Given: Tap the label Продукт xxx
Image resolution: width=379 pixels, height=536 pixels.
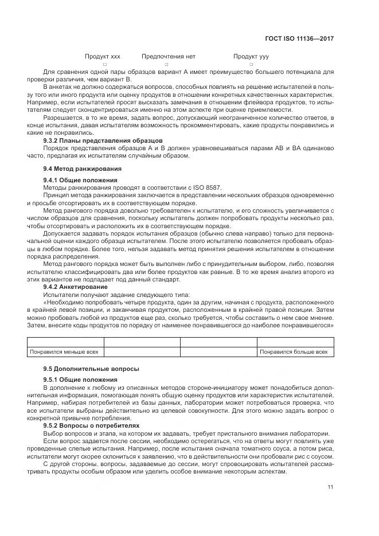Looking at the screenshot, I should (103, 57).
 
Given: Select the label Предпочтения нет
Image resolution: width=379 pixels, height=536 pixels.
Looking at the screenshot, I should (169, 57).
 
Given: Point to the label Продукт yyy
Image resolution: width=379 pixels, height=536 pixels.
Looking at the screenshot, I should (251, 57).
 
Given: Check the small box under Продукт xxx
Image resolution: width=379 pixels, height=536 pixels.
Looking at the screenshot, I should (104, 65).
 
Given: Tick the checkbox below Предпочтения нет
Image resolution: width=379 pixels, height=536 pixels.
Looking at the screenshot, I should (166, 65).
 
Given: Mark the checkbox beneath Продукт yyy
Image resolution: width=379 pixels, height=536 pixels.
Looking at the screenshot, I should (251, 65).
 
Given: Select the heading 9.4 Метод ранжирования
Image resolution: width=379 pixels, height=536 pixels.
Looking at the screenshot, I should (82, 169).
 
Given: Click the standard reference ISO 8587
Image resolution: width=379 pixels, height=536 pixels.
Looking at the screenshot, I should (207, 187).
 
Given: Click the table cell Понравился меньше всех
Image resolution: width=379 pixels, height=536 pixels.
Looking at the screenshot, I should (64, 351).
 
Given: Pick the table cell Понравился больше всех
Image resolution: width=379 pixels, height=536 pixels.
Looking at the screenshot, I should (294, 351).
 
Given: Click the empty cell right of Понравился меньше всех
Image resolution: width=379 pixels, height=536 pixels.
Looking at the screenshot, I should (142, 351).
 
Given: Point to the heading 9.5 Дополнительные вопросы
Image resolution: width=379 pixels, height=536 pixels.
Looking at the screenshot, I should (91, 368).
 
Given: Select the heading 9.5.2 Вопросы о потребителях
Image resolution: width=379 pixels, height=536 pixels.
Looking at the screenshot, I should (91, 426).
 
